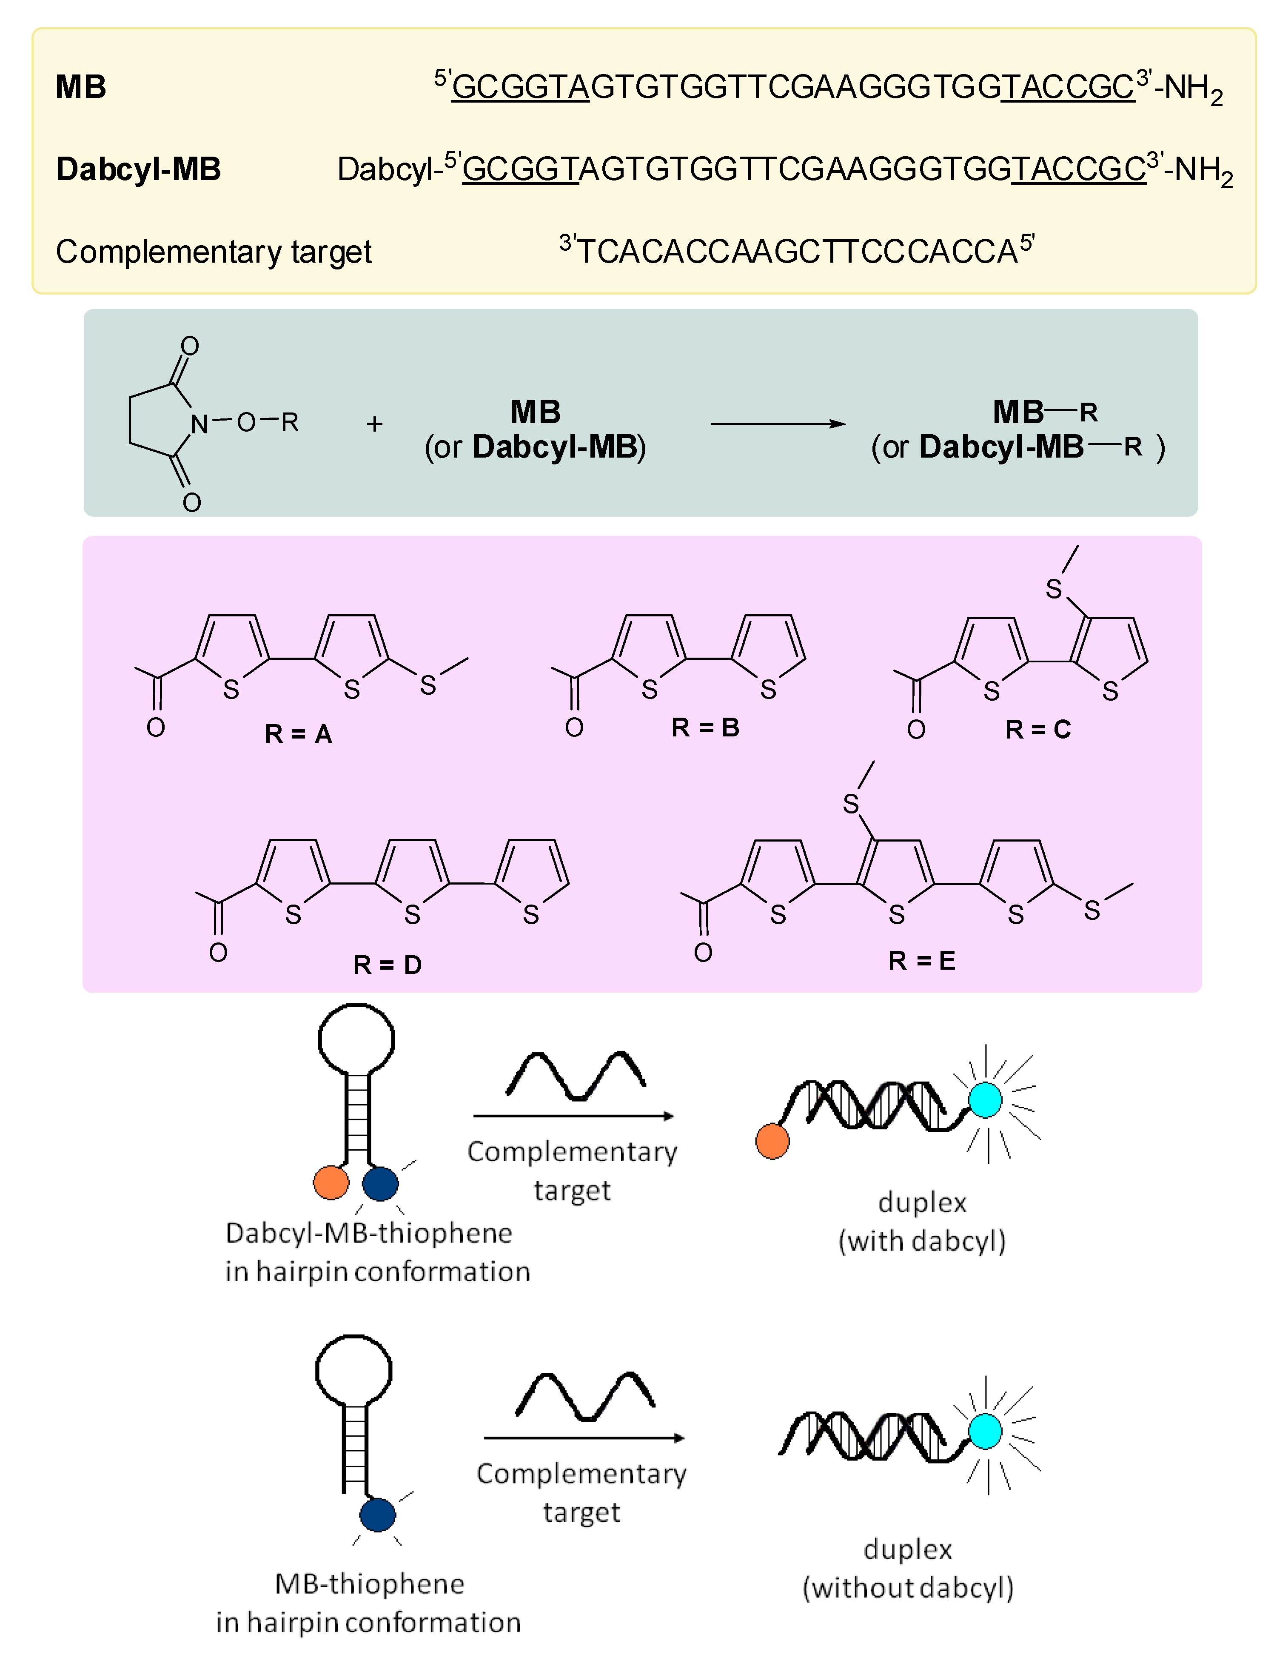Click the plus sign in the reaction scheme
point(374,424)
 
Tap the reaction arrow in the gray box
point(777,424)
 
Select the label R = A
point(298,734)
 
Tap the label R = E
point(921,961)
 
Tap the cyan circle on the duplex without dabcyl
point(985,1431)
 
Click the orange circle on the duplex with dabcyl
point(772,1141)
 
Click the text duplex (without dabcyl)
point(908,1568)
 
